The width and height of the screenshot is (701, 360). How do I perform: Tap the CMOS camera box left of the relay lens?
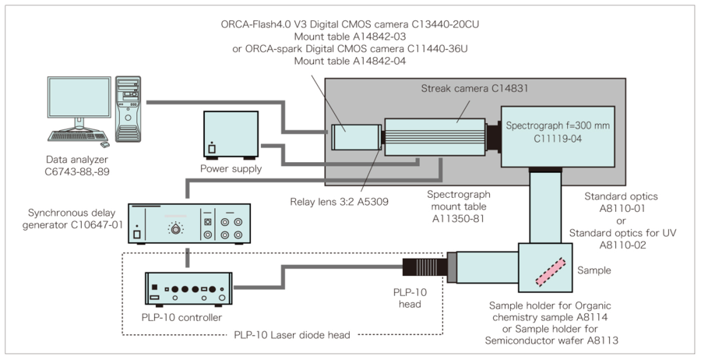(354, 138)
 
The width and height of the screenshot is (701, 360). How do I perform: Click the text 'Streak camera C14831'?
(463, 90)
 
